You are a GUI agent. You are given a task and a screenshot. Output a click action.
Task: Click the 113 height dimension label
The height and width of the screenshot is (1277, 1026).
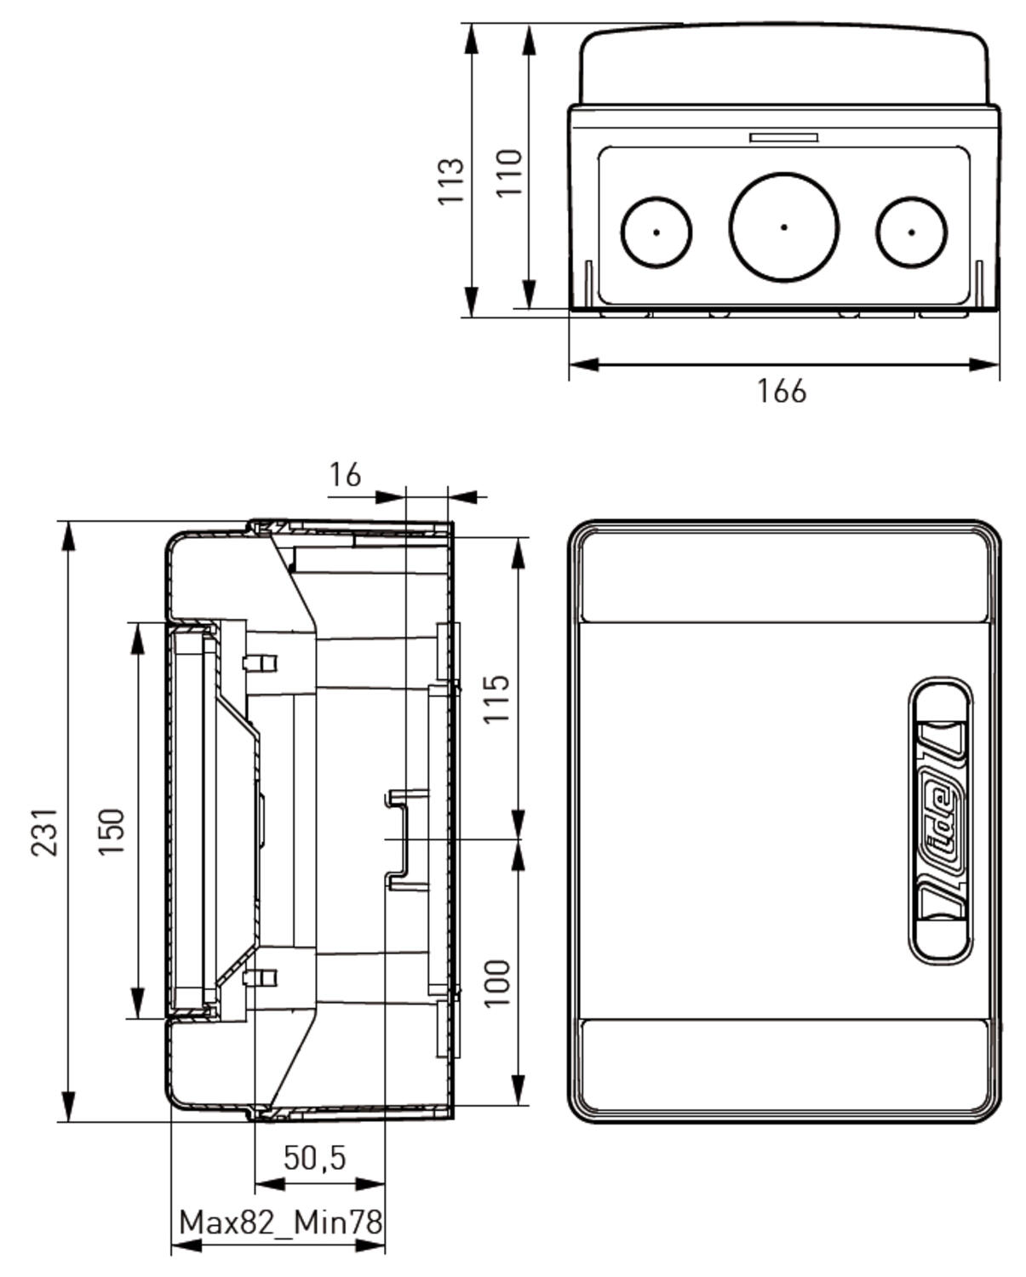(x=450, y=180)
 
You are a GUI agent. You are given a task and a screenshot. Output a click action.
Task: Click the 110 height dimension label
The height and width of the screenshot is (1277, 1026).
(x=509, y=173)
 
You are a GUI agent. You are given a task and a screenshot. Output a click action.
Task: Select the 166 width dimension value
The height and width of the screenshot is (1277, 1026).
(x=781, y=391)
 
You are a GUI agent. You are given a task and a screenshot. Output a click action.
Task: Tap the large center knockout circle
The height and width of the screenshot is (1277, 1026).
(x=783, y=226)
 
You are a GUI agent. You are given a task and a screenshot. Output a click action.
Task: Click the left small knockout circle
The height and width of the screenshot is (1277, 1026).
(x=656, y=232)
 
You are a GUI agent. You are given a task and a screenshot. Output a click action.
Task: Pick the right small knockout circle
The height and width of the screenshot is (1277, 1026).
(x=911, y=232)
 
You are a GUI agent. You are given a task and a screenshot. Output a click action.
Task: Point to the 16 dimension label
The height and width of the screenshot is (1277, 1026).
(x=345, y=475)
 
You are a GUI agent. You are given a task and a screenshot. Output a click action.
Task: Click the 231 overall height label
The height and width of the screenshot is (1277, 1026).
(x=44, y=832)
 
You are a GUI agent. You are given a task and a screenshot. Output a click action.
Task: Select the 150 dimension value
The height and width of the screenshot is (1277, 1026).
(x=112, y=832)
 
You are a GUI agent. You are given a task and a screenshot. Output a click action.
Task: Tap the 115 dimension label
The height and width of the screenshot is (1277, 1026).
(x=496, y=698)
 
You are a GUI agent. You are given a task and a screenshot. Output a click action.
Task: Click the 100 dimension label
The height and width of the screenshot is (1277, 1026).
(x=496, y=982)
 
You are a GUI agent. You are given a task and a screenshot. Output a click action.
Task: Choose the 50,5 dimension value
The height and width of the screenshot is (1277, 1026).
(x=314, y=1157)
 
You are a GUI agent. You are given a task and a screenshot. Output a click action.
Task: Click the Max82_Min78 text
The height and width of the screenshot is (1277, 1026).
(x=280, y=1223)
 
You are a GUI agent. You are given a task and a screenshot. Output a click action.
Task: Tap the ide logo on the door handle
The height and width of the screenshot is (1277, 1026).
(x=940, y=822)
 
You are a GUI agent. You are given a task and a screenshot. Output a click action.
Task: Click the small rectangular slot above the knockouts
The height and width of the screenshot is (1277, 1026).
(x=783, y=137)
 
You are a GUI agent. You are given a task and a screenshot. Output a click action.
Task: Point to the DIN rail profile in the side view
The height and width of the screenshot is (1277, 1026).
(x=400, y=839)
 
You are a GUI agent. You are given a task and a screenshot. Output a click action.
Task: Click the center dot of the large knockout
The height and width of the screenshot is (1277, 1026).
(x=783, y=227)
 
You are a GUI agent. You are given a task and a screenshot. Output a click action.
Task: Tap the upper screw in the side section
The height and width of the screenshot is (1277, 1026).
(x=260, y=662)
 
